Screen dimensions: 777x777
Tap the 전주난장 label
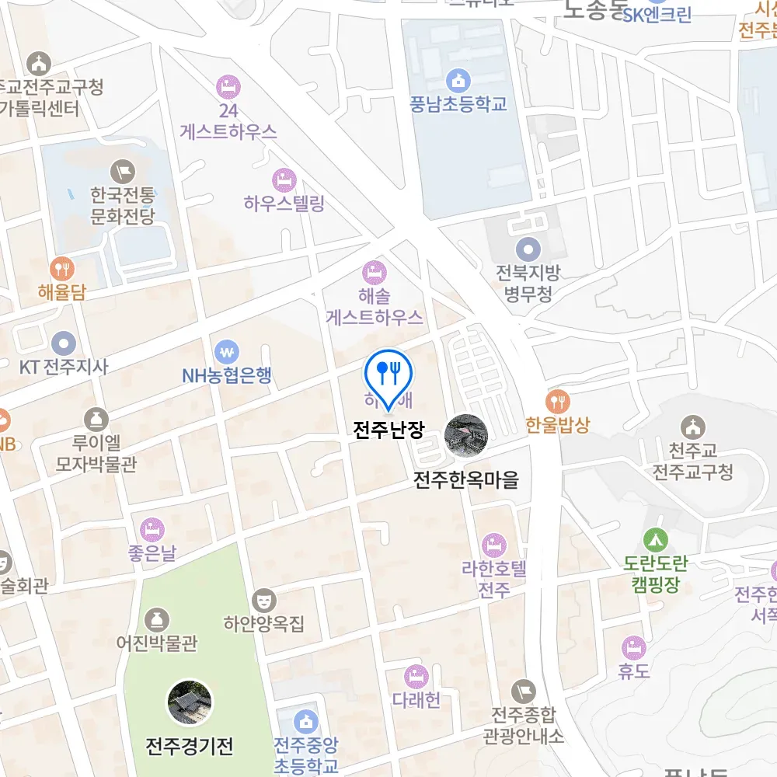click(x=388, y=430)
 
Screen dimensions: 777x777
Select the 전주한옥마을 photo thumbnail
click(x=466, y=435)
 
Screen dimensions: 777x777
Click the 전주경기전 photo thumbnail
click(x=190, y=702)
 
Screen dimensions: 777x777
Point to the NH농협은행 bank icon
click(x=227, y=350)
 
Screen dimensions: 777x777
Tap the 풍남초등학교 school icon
click(x=458, y=79)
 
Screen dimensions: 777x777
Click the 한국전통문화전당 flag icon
click(x=123, y=169)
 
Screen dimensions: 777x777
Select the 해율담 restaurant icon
click(x=61, y=269)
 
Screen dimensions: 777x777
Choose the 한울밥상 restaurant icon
click(x=558, y=401)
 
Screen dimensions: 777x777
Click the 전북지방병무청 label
click(x=528, y=284)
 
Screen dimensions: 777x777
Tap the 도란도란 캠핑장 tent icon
click(x=655, y=538)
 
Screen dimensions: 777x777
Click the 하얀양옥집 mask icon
click(x=264, y=599)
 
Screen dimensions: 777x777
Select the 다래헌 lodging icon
click(x=416, y=676)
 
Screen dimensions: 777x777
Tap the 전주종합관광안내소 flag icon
click(x=524, y=690)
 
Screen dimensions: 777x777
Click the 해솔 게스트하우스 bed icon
click(x=375, y=272)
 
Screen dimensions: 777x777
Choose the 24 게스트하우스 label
click(x=228, y=121)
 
